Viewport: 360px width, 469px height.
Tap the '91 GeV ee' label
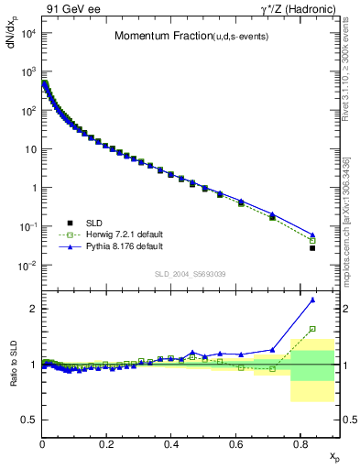69,9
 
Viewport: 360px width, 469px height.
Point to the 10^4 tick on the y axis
27,33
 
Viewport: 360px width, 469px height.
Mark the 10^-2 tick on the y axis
27,266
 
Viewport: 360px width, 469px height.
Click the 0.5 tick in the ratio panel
30,420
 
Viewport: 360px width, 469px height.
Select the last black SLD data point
312,248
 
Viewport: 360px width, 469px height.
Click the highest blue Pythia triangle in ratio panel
312,300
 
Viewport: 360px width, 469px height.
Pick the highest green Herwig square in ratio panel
312,329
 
